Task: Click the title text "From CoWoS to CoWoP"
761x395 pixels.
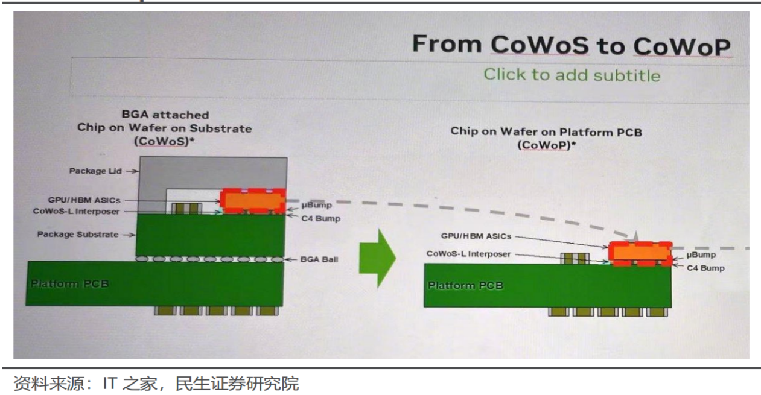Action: pyautogui.click(x=571, y=45)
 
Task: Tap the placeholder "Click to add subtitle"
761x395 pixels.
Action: pyautogui.click(x=572, y=75)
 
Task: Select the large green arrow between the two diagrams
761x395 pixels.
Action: pyautogui.click(x=377, y=258)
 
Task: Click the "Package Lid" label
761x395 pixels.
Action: pyautogui.click(x=95, y=171)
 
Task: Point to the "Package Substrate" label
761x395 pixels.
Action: pyautogui.click(x=78, y=234)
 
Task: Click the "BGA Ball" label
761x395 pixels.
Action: pyautogui.click(x=319, y=259)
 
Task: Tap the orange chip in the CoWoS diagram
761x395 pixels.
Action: pyautogui.click(x=253, y=200)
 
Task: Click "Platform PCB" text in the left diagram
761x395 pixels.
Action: pyautogui.click(x=69, y=283)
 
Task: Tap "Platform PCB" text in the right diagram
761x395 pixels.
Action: pyautogui.click(x=465, y=285)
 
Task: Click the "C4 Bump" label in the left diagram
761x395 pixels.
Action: pyautogui.click(x=320, y=218)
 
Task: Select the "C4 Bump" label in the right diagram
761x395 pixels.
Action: pyautogui.click(x=705, y=268)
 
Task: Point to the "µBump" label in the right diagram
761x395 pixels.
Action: pyautogui.click(x=701, y=255)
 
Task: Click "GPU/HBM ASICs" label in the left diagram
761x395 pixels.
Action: pyautogui.click(x=85, y=200)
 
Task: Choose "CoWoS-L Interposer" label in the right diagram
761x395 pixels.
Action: pyautogui.click(x=468, y=254)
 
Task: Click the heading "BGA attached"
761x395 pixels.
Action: pyautogui.click(x=165, y=115)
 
